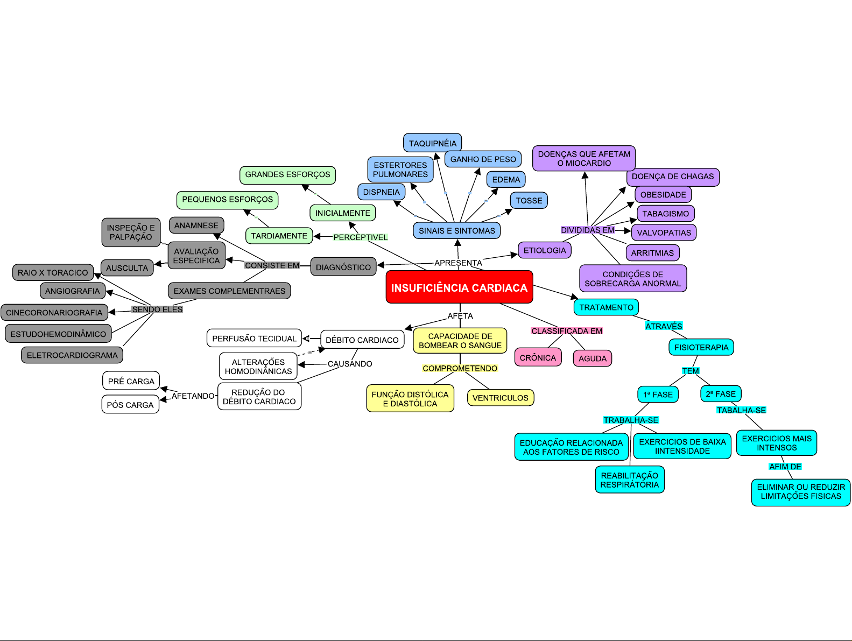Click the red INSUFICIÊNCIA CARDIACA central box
click(459, 287)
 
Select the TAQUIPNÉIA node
click(432, 143)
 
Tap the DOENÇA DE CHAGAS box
click(672, 177)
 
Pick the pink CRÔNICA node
click(538, 357)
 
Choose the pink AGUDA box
click(592, 358)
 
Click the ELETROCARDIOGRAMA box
click(72, 355)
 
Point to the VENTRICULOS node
click(500, 398)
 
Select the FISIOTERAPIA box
click(701, 347)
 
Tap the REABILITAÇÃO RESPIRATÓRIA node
click(629, 480)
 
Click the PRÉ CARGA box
click(131, 381)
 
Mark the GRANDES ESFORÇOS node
click(287, 174)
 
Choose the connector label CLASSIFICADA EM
click(567, 331)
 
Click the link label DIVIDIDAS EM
click(587, 230)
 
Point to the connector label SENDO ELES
click(157, 309)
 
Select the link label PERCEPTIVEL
click(360, 237)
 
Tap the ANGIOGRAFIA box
click(72, 291)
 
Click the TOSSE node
click(529, 201)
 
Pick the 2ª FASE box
click(721, 394)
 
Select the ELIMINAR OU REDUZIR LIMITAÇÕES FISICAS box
click(800, 492)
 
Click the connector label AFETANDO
click(193, 396)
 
